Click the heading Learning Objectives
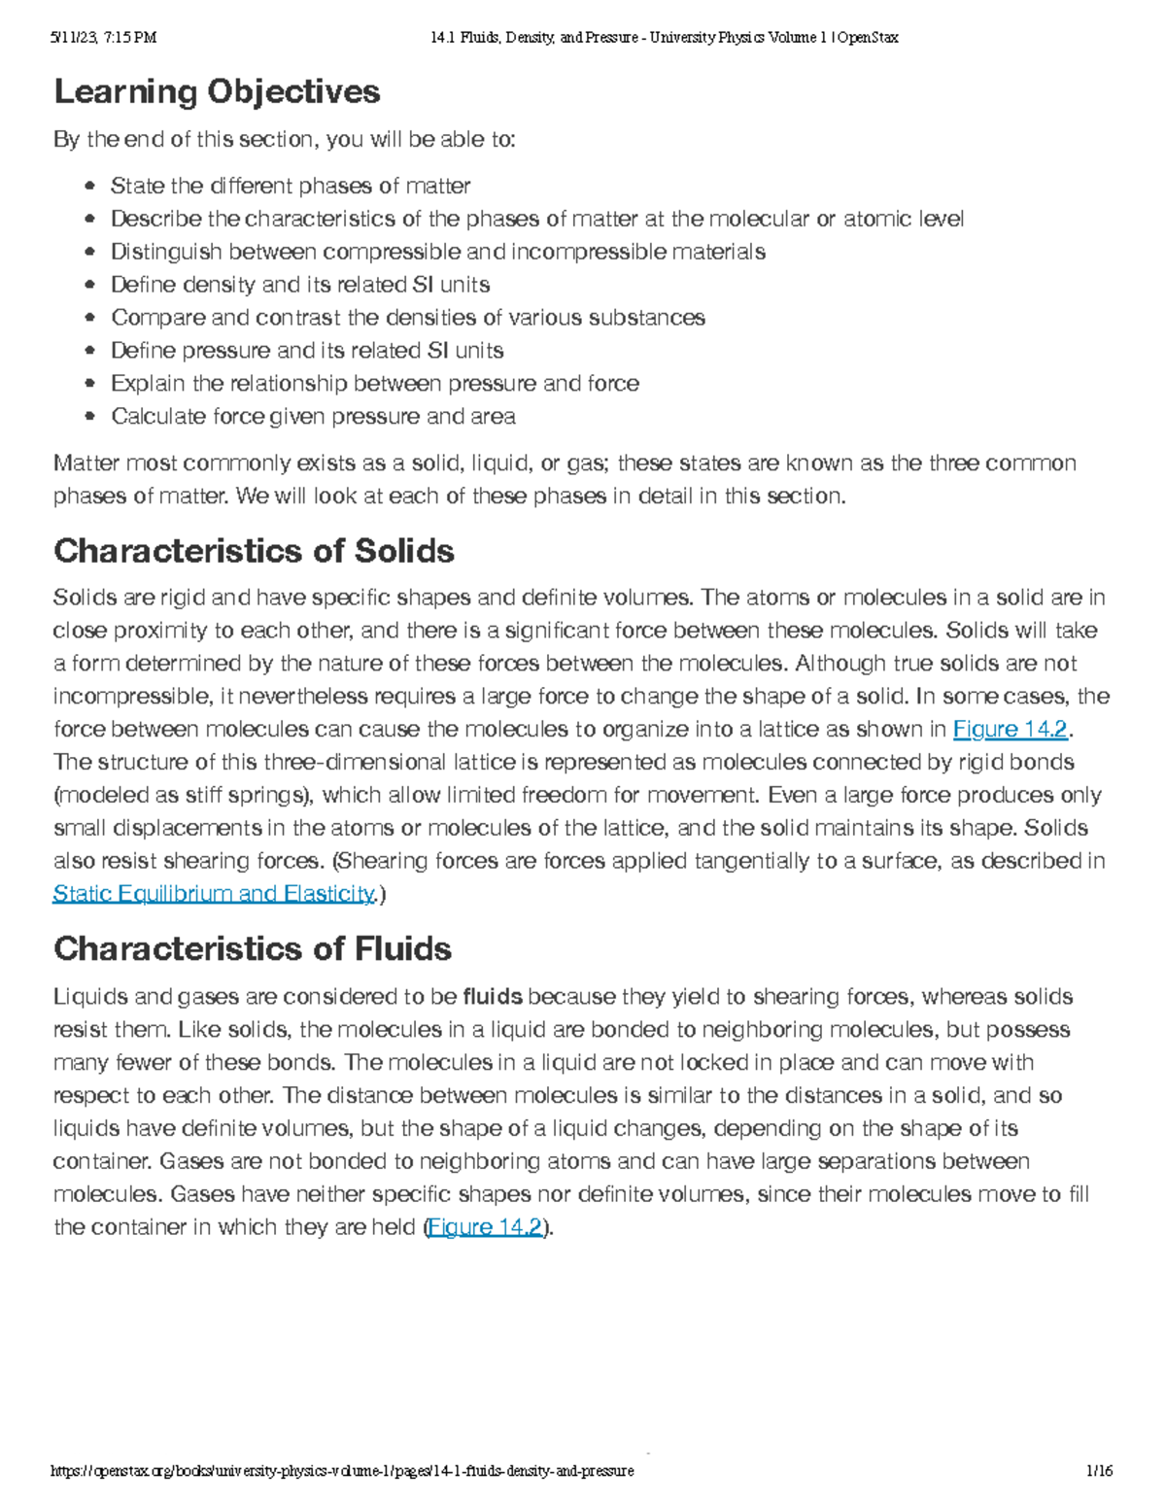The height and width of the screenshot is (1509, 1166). point(217,92)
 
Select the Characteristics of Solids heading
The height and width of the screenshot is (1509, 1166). point(254,552)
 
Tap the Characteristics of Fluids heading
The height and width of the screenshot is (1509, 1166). point(253,949)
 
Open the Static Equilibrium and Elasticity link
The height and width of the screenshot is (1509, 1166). point(213,894)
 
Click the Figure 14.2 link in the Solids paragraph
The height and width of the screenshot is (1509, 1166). point(1010,730)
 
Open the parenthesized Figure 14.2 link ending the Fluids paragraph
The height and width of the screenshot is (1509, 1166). point(485,1227)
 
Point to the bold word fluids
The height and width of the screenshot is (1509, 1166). point(493,997)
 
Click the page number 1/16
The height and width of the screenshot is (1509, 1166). point(1100,1471)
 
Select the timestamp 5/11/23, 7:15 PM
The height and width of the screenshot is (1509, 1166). point(103,38)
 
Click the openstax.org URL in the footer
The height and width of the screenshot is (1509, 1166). point(342,1471)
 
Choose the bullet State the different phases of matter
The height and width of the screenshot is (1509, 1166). point(291,186)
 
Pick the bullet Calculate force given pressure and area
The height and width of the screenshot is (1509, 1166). point(313,417)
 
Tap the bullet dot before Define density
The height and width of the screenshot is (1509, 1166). point(90,286)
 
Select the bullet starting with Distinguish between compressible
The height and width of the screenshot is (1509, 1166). point(437,252)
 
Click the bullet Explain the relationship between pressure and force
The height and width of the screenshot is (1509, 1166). point(375,384)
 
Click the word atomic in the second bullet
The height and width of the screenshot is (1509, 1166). point(877,219)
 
